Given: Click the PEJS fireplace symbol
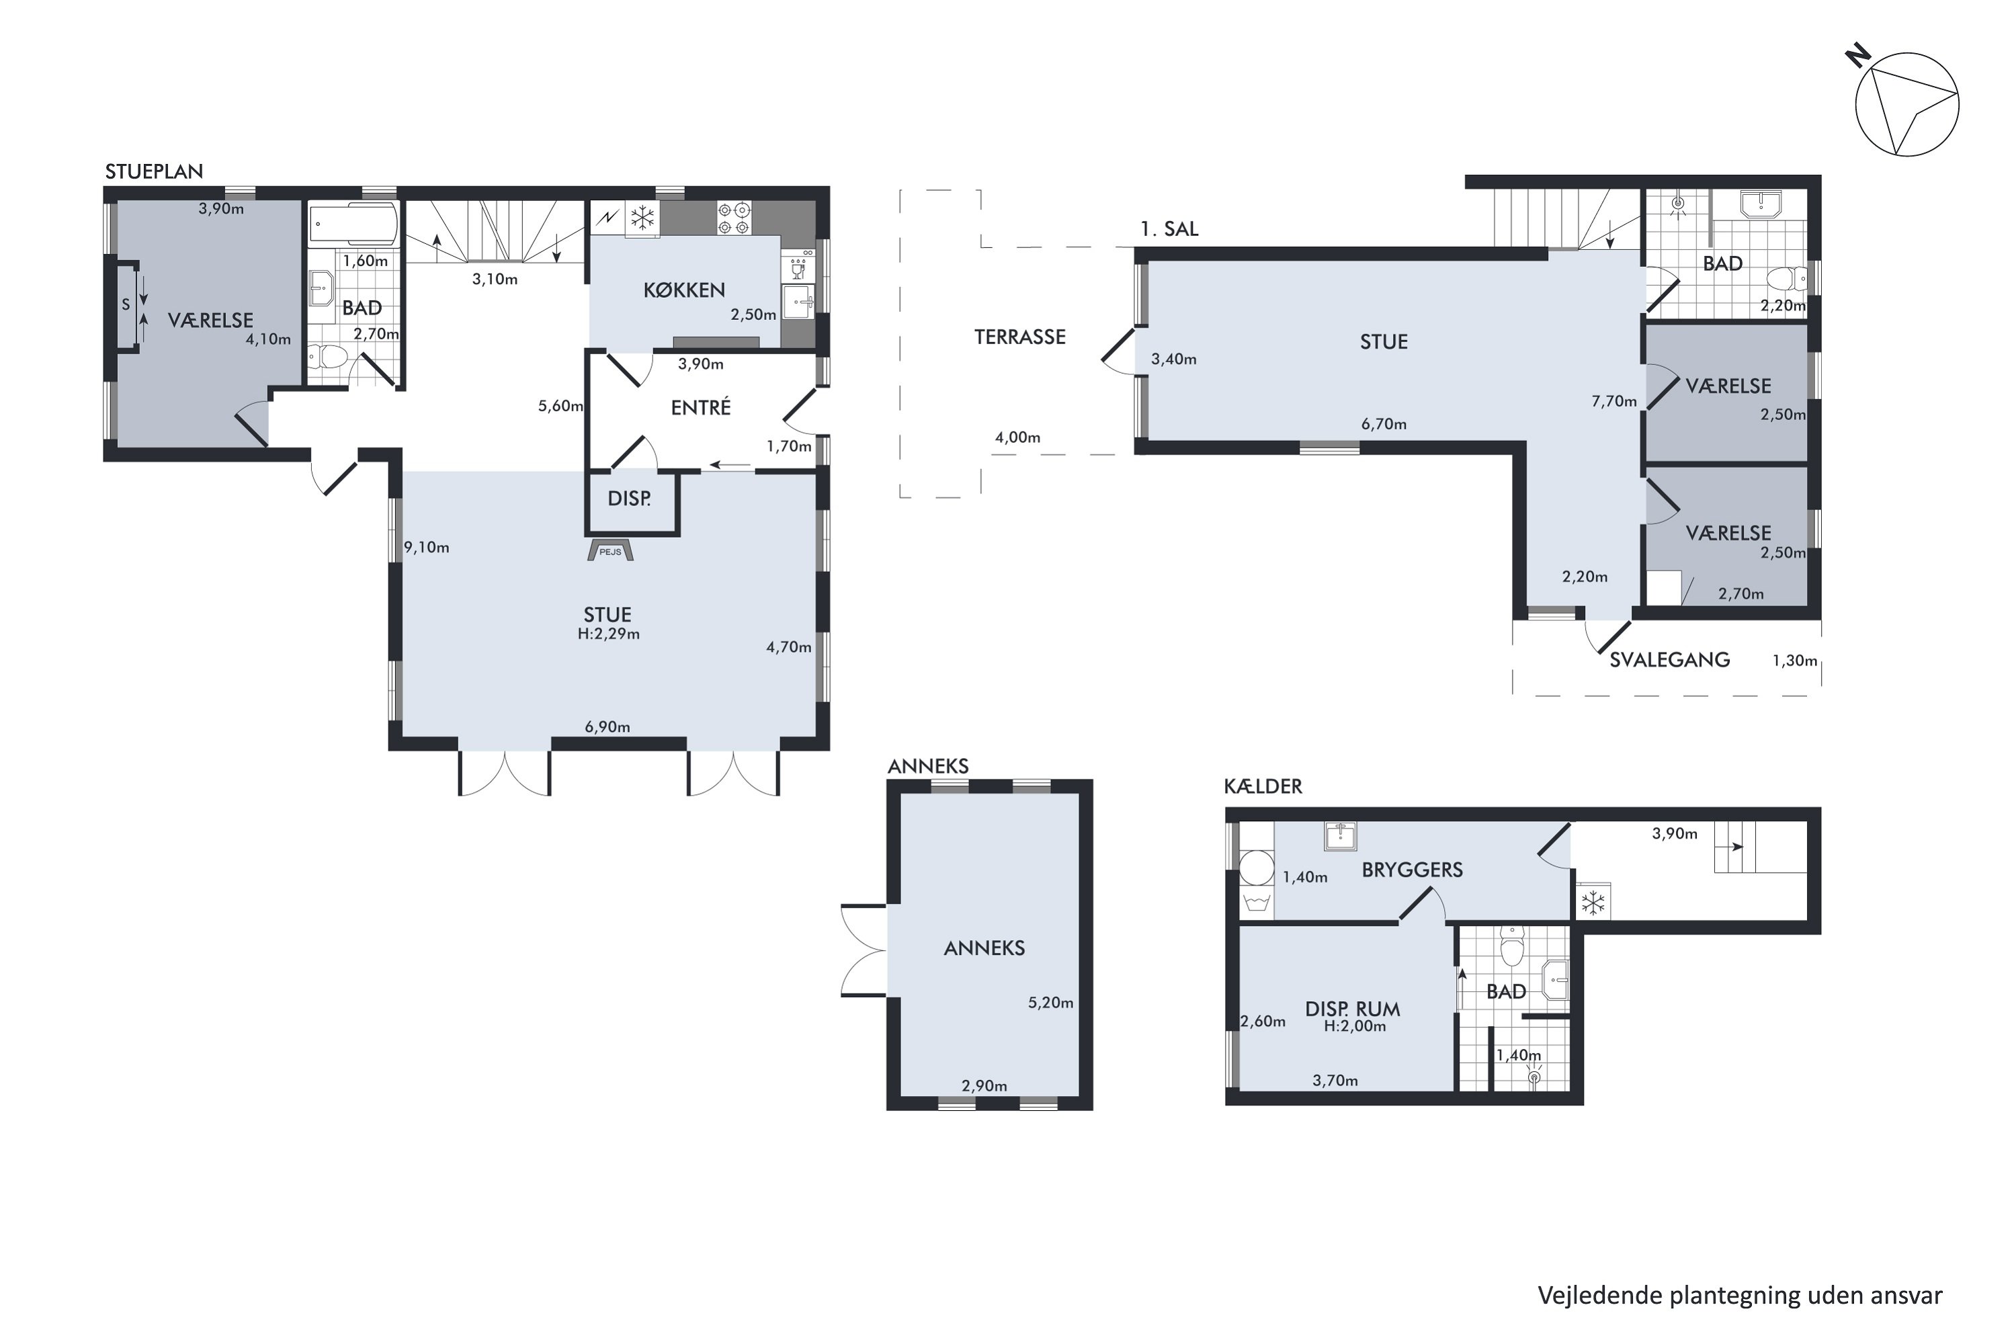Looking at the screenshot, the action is coord(610,550).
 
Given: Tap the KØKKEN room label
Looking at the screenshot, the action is coord(684,290).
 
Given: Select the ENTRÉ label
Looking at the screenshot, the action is coord(700,407).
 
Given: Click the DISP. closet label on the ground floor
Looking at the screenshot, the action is coord(629,498).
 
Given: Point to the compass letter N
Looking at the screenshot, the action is coord(1858,56).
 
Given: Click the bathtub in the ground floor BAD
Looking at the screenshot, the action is coord(352,224).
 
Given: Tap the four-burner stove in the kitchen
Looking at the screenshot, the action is coord(734,218).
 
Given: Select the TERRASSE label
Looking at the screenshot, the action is coord(1019,337).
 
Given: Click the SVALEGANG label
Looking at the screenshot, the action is coord(1669,659).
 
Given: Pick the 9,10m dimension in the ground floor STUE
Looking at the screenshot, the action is coord(427,547).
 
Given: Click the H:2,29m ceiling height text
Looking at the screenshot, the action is coord(609,634).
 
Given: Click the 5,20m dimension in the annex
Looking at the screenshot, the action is coord(1051,1002).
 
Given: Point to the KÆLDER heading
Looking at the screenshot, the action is coord(1263,786).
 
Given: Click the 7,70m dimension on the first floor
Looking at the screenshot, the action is coord(1614,401).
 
